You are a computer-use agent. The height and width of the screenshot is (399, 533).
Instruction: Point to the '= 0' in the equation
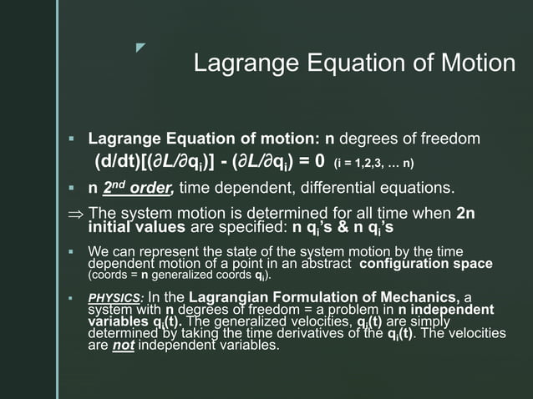(x=308, y=160)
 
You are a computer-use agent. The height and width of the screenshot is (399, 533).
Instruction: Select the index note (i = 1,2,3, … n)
(x=374, y=162)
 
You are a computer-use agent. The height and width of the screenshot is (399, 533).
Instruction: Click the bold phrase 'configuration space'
(x=427, y=263)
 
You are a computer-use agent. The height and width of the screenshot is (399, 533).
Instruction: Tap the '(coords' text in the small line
(x=105, y=275)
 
